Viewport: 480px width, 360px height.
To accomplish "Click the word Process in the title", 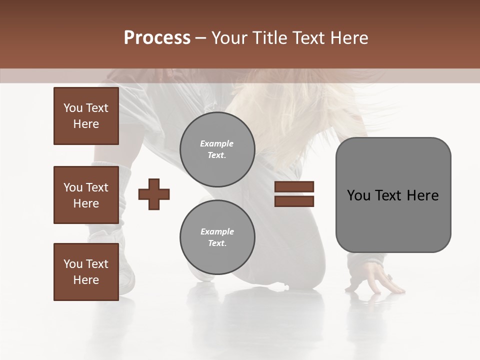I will click(157, 38).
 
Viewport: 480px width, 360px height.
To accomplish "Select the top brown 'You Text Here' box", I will click(86, 116).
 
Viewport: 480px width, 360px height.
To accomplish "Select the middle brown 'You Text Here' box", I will click(86, 195).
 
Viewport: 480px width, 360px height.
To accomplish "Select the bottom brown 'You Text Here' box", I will click(86, 271).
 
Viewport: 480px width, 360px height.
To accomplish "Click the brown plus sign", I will click(154, 193).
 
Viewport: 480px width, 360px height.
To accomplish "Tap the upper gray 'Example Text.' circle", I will click(217, 149).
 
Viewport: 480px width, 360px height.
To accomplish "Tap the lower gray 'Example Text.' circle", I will click(217, 237).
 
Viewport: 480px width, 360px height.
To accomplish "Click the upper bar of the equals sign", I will click(294, 186).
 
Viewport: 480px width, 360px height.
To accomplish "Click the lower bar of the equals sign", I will click(294, 201).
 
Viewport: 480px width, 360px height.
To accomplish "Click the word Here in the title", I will click(349, 38).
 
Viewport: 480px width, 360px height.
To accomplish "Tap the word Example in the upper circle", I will click(217, 143).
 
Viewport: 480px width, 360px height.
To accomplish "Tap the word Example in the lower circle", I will click(217, 231).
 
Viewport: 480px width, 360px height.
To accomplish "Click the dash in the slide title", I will click(200, 38).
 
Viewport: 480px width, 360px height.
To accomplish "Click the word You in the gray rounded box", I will click(358, 195).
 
